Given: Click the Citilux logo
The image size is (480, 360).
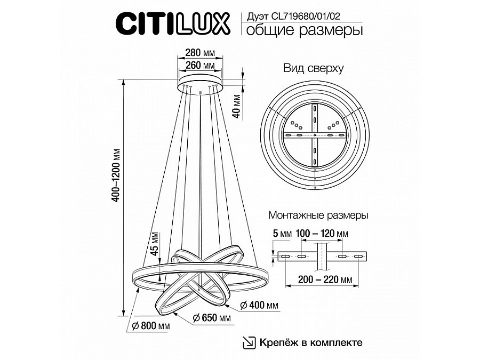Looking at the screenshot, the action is coord(172,23).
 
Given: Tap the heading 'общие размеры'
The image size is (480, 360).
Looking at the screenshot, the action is coord(305,30).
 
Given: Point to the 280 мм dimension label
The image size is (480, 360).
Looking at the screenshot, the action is coord(200,53).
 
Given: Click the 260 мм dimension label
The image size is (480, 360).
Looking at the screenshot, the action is coord(200,65).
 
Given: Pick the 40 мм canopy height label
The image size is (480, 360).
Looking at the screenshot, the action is coord(237,106).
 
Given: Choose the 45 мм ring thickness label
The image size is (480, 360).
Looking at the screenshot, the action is coord(155,244).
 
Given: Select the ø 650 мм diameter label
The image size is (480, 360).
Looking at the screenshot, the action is coord(212,317).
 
